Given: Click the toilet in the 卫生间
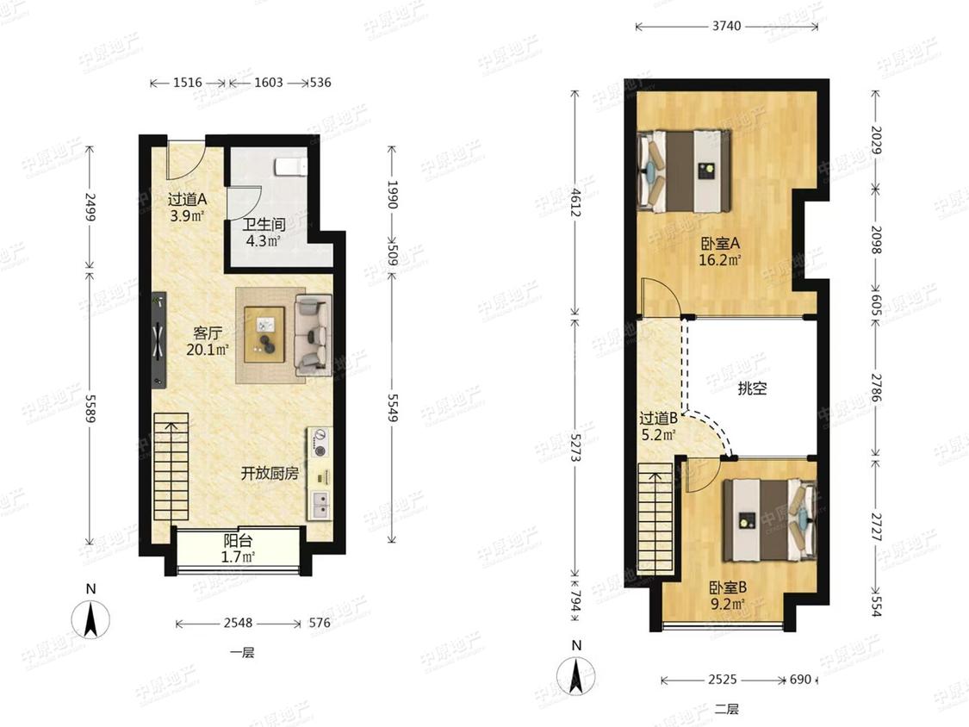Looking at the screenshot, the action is coord(290,166).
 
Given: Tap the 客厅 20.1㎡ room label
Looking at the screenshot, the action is coord(208,341).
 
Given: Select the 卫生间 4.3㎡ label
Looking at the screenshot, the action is coord(264,233).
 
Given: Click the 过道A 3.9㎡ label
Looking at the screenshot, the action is coord(187,208).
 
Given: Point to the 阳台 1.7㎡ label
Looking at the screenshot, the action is coord(238,549).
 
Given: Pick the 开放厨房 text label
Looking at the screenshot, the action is coord(270,474).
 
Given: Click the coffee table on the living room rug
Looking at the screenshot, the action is coord(264,334).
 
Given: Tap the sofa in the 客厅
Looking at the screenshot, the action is coord(314,334).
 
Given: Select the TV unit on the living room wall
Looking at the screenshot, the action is coord(158,340).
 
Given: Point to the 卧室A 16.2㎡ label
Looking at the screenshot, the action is coord(720,252).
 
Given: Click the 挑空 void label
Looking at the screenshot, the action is coord(752,388).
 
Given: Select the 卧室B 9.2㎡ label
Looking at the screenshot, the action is coord(727,594).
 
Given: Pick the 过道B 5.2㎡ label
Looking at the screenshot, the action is coord(658,426).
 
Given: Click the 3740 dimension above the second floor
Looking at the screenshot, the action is coord(726,26).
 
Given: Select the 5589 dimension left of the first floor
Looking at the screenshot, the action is coord(90,408).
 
